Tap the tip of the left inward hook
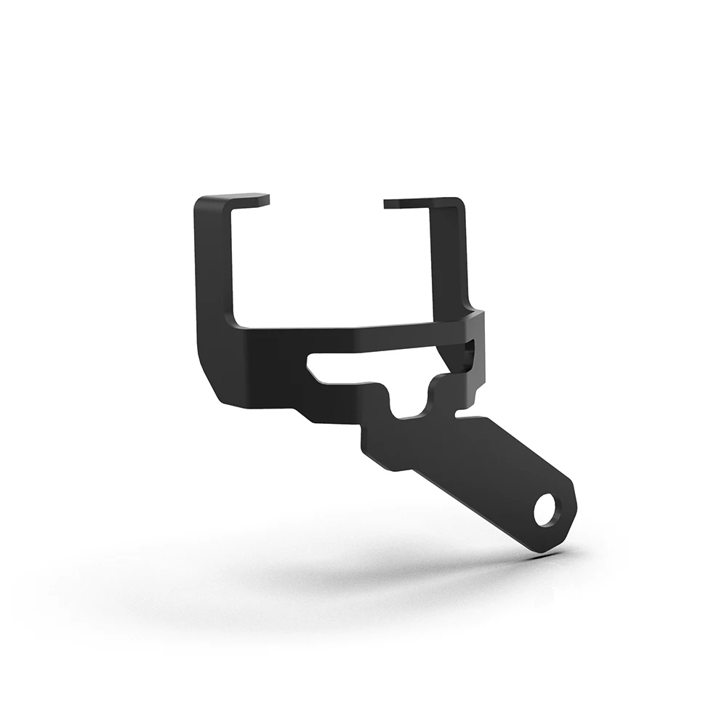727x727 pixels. tap(265, 199)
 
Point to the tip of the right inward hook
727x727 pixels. tap(387, 204)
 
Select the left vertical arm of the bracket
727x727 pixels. tap(214, 276)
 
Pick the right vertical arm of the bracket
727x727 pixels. tap(448, 254)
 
